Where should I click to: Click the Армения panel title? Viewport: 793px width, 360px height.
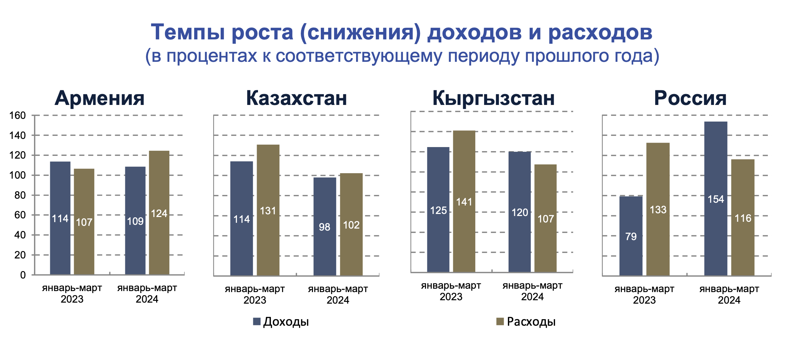(x=99, y=98)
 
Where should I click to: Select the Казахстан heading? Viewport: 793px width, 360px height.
(x=296, y=98)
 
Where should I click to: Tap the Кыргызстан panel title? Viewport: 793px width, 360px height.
(x=494, y=98)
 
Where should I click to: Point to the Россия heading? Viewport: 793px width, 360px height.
(x=690, y=98)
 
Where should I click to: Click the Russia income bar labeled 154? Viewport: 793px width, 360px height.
(x=716, y=198)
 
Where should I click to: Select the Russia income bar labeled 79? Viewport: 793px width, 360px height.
(x=631, y=236)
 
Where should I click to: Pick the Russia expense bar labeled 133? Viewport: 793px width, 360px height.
(x=658, y=209)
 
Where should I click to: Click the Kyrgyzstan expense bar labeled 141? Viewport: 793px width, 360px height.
(x=464, y=201)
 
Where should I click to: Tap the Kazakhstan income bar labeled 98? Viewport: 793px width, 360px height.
(x=325, y=227)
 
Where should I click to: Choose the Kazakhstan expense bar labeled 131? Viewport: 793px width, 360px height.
(x=268, y=210)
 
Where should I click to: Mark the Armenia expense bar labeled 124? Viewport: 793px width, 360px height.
(x=159, y=213)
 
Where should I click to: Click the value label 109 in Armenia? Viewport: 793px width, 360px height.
(x=135, y=221)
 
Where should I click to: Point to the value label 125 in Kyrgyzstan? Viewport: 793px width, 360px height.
(x=438, y=211)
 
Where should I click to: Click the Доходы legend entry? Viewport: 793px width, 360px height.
(x=281, y=322)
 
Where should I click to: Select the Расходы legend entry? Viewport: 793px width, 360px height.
(x=526, y=322)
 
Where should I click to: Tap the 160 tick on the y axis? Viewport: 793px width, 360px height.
(x=17, y=115)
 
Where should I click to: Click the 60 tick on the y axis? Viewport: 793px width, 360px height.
(x=20, y=215)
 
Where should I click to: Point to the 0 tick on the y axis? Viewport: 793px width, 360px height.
(x=23, y=275)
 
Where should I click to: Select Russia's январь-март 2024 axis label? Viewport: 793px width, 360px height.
(x=729, y=294)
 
